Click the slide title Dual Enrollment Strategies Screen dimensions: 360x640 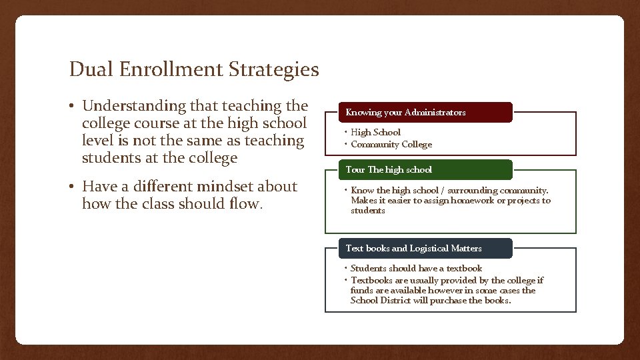(x=194, y=69)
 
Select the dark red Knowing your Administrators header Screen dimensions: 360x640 (x=418, y=113)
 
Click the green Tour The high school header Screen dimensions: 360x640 (x=418, y=170)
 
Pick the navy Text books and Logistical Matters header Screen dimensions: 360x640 (x=418, y=249)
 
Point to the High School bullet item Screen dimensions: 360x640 (x=376, y=133)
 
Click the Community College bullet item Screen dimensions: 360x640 (x=391, y=145)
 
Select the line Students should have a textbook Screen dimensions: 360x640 (x=416, y=269)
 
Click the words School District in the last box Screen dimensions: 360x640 (x=378, y=301)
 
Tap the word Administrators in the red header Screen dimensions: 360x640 (x=435, y=113)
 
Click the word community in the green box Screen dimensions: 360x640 (x=521, y=191)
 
